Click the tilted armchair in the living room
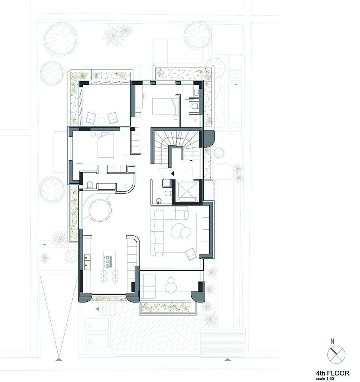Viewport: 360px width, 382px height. (190, 254)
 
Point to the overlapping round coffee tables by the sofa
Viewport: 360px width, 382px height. (181, 231)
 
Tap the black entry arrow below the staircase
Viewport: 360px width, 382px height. (172, 174)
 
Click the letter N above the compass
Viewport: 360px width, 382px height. (332, 342)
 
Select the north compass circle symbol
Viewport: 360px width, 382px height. (336, 355)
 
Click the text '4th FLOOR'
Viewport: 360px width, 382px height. (333, 373)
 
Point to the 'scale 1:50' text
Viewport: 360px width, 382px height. (325, 379)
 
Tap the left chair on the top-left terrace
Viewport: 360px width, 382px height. (91, 118)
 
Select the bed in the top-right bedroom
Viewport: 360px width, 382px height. (164, 106)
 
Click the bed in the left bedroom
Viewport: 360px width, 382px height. (106, 145)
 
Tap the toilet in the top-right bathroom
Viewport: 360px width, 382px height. (195, 106)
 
